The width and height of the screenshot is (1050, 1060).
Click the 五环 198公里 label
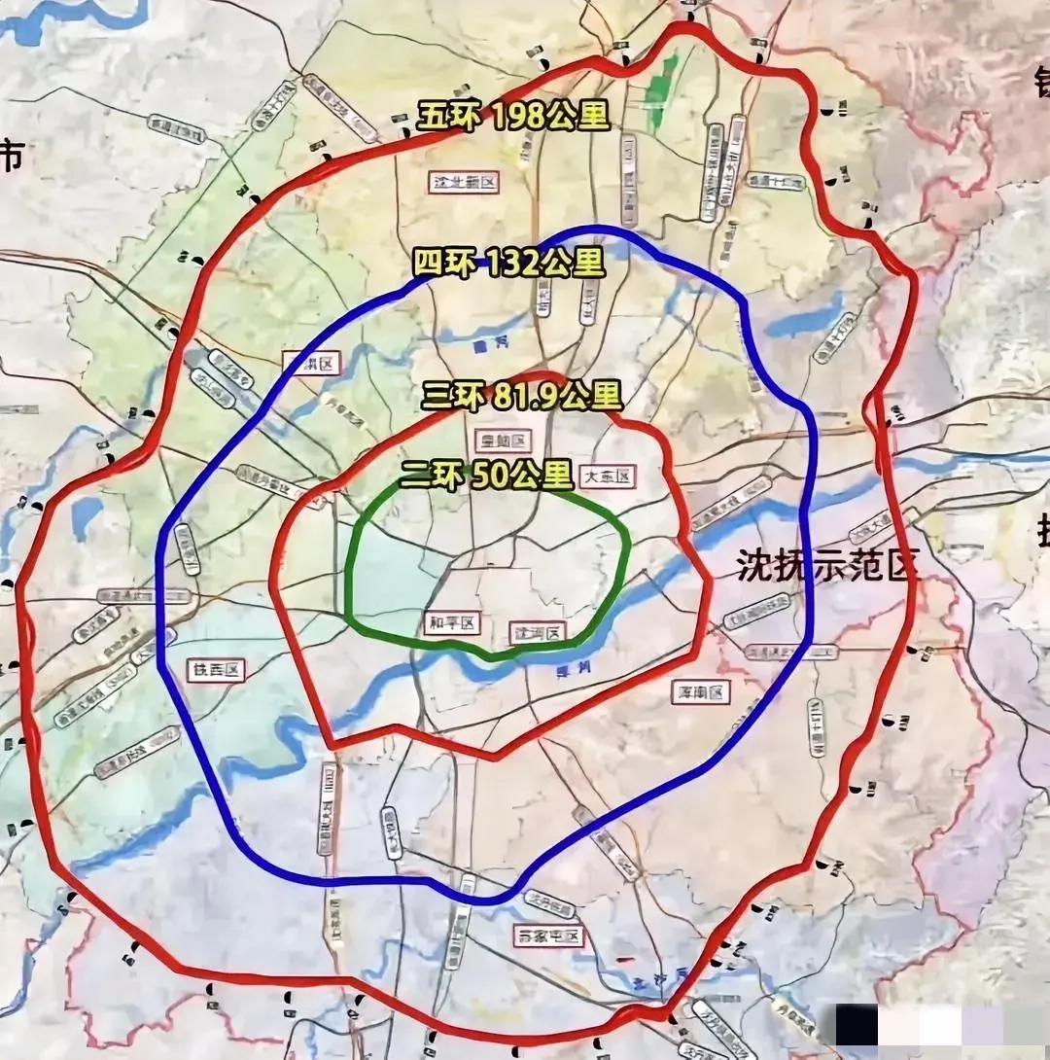click(513, 117)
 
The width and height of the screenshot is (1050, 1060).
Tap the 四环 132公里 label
click(508, 263)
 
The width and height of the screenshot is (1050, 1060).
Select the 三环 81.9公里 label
click(521, 396)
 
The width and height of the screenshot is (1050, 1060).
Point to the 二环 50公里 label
click(486, 475)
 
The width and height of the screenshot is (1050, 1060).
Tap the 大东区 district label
click(607, 477)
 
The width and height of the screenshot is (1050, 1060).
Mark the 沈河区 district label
click(538, 632)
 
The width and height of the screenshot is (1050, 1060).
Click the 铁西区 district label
click(214, 669)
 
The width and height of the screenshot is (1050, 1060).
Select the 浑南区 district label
click(701, 691)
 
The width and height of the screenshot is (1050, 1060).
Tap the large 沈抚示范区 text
click(826, 565)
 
